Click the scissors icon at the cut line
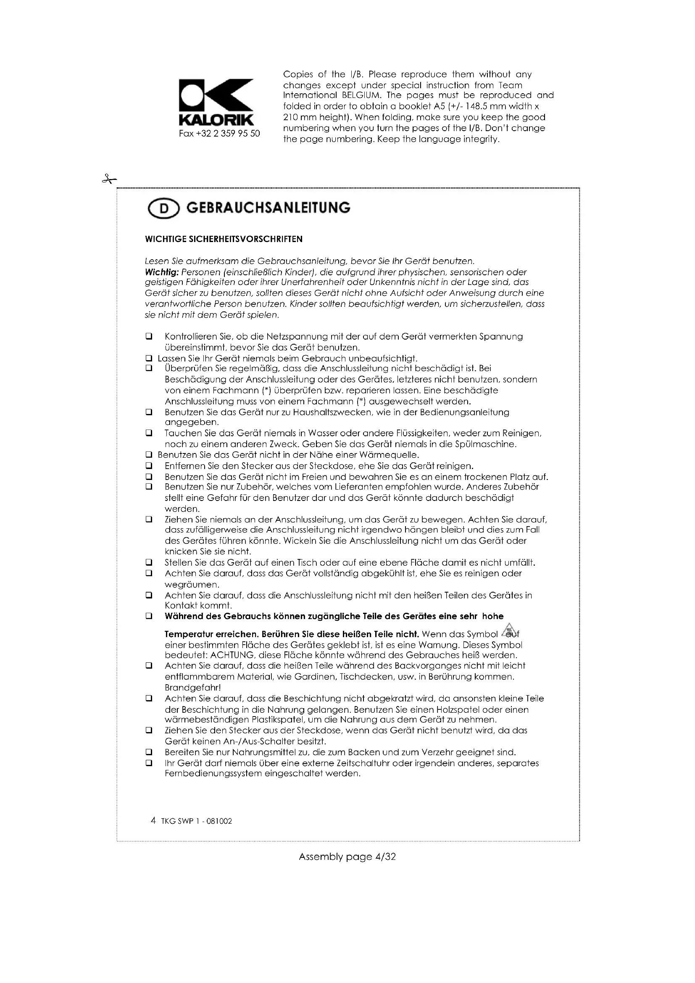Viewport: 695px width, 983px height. [109, 179]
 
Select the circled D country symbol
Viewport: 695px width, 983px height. [163, 209]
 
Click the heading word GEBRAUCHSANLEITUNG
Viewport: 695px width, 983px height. [269, 208]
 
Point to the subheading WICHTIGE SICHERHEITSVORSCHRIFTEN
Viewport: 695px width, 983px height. [224, 239]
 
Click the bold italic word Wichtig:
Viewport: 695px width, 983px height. [161, 272]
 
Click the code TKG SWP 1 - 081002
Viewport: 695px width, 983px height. [196, 821]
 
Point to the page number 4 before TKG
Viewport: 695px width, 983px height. [153, 821]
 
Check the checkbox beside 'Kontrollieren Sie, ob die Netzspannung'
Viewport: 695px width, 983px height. [149, 337]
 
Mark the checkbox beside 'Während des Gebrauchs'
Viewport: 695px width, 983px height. [149, 617]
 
